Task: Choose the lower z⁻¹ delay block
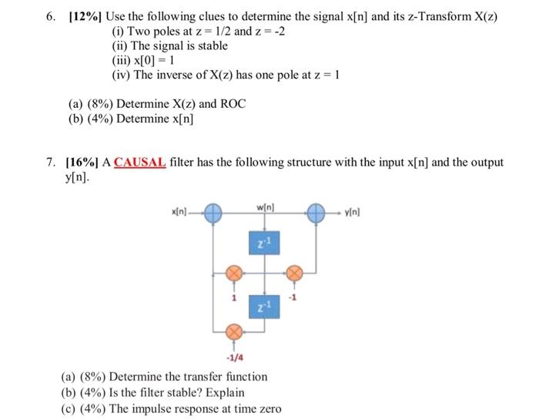coord(265,307)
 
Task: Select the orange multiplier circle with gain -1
coord(293,272)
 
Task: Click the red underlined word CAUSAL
coord(139,163)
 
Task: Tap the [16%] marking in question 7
coord(83,163)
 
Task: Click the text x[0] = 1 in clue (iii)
coord(155,60)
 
